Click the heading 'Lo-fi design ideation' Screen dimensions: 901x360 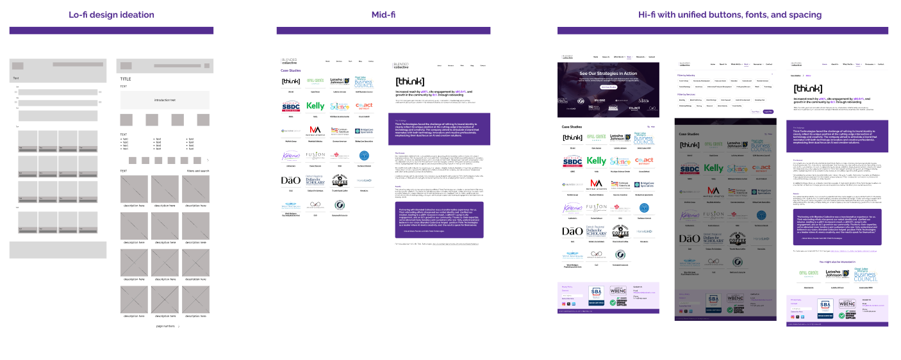[112, 15]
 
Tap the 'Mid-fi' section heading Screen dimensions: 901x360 [383, 15]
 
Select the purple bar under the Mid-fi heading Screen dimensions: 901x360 [383, 30]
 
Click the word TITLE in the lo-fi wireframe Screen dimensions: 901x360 [126, 79]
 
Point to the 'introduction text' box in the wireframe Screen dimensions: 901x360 [165, 100]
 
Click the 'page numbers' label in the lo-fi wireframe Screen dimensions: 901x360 [165, 326]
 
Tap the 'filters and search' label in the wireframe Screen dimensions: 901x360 [198, 171]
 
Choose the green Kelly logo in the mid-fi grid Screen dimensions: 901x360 [315, 106]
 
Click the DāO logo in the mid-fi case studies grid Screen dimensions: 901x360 [290, 181]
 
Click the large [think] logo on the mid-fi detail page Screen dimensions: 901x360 [409, 81]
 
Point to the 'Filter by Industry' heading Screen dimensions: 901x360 [686, 75]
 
